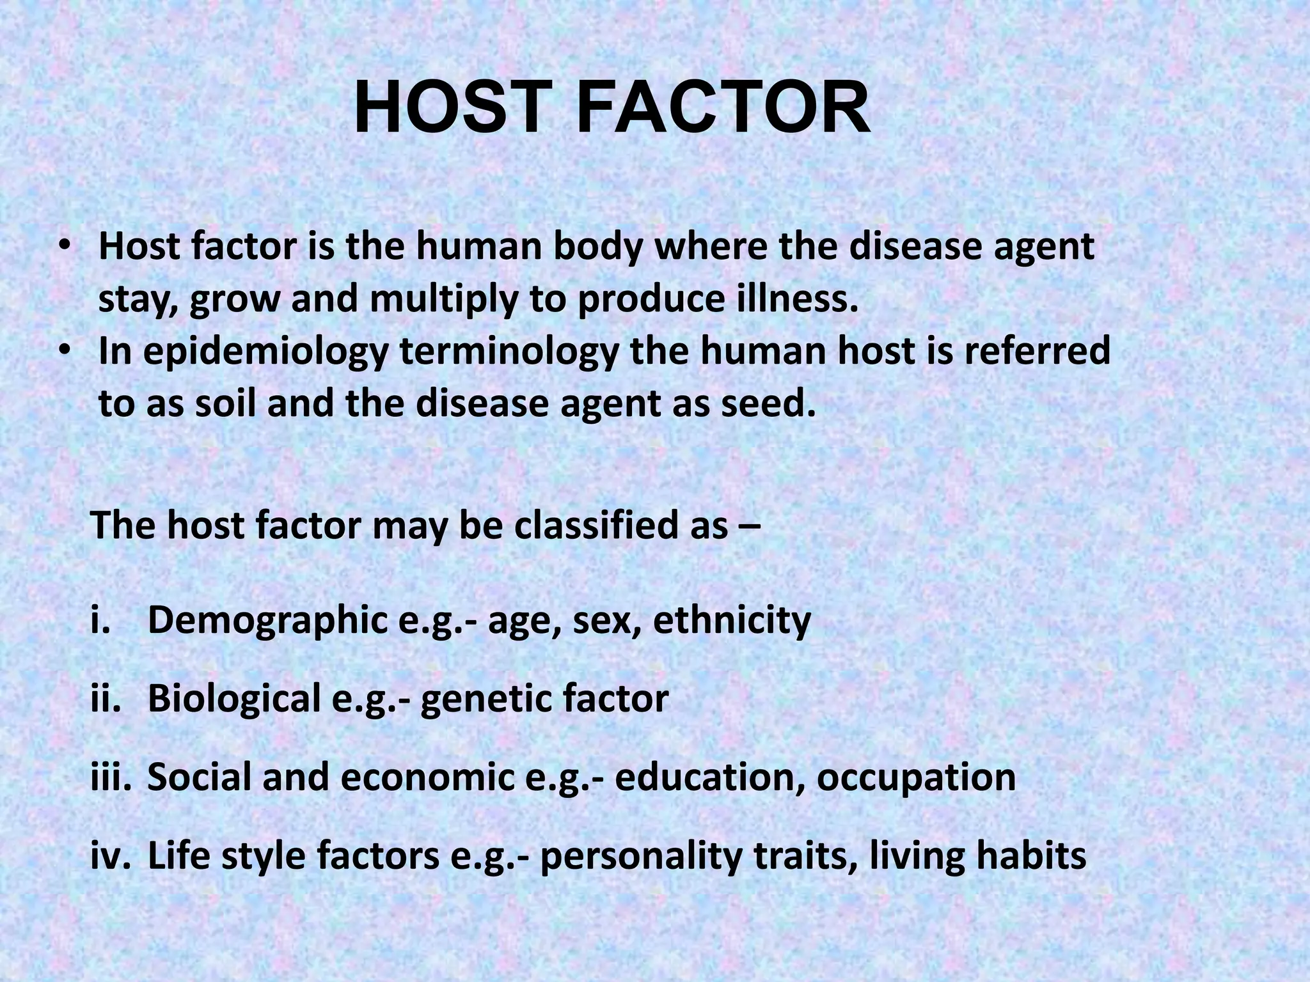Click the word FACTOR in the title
point(723,110)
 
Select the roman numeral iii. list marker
point(111,777)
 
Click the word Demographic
point(267,621)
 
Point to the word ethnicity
point(732,620)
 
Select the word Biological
point(234,699)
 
